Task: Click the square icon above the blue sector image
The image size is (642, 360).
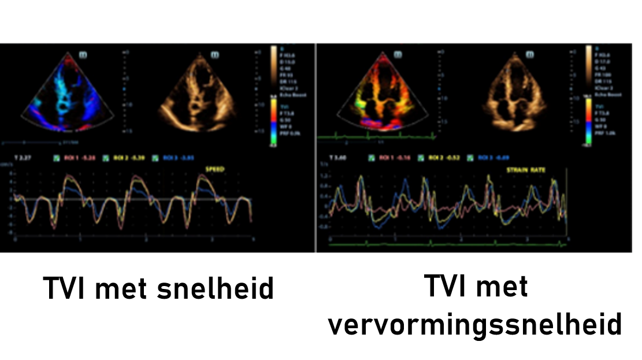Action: (x=83, y=55)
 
